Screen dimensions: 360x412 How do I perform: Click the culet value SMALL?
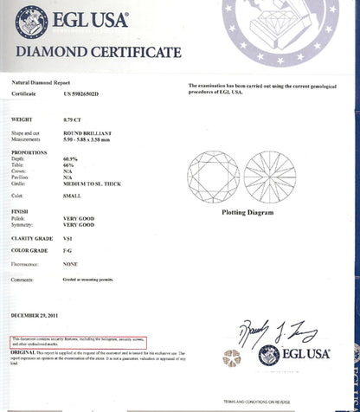point(72,196)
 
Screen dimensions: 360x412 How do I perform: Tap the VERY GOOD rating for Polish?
point(80,217)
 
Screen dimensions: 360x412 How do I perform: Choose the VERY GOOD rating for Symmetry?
point(80,224)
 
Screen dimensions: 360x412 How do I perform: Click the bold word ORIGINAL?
point(23,353)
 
